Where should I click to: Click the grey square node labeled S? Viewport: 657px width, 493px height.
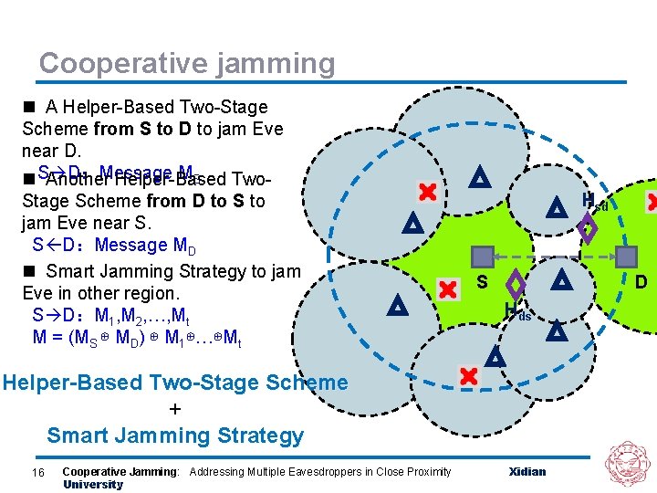pyautogui.click(x=482, y=257)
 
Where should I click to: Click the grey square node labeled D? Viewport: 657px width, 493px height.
pyautogui.click(x=627, y=257)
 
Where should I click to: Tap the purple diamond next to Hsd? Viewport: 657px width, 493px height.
pyautogui.click(x=589, y=228)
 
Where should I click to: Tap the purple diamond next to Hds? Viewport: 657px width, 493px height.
pyautogui.click(x=516, y=284)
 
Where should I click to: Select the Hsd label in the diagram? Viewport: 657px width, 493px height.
pyautogui.click(x=594, y=202)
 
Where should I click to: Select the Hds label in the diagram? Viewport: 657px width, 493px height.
pyautogui.click(x=516, y=311)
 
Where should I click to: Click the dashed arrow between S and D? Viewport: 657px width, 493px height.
pyautogui.click(x=554, y=257)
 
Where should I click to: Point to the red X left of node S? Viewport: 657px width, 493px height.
pyautogui.click(x=447, y=290)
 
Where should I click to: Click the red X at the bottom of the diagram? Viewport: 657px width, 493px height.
pyautogui.click(x=468, y=375)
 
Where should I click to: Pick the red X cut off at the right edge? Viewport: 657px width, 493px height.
pyautogui.click(x=652, y=202)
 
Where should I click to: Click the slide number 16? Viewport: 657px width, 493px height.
pyautogui.click(x=37, y=471)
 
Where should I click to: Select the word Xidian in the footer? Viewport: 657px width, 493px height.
pyautogui.click(x=527, y=471)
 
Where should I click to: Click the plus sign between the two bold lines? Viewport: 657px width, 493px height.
pyautogui.click(x=175, y=409)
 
